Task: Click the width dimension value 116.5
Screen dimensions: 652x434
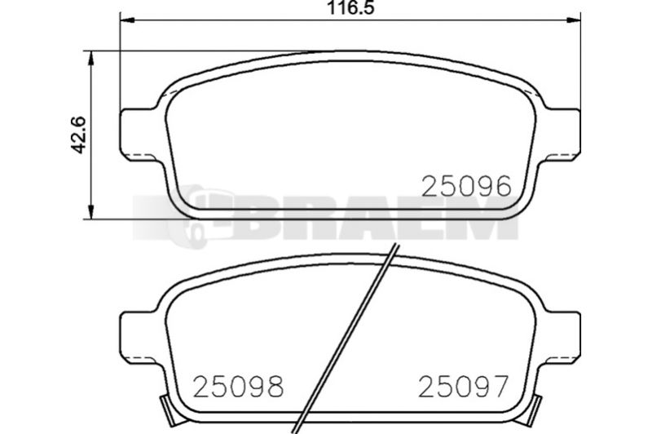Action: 350,7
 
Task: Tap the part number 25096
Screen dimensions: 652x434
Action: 466,187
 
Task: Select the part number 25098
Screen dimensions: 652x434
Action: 239,386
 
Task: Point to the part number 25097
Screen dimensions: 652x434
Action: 463,386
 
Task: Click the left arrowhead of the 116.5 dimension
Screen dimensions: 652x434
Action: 128,20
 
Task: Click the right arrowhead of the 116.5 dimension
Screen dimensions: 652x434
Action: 573,20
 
